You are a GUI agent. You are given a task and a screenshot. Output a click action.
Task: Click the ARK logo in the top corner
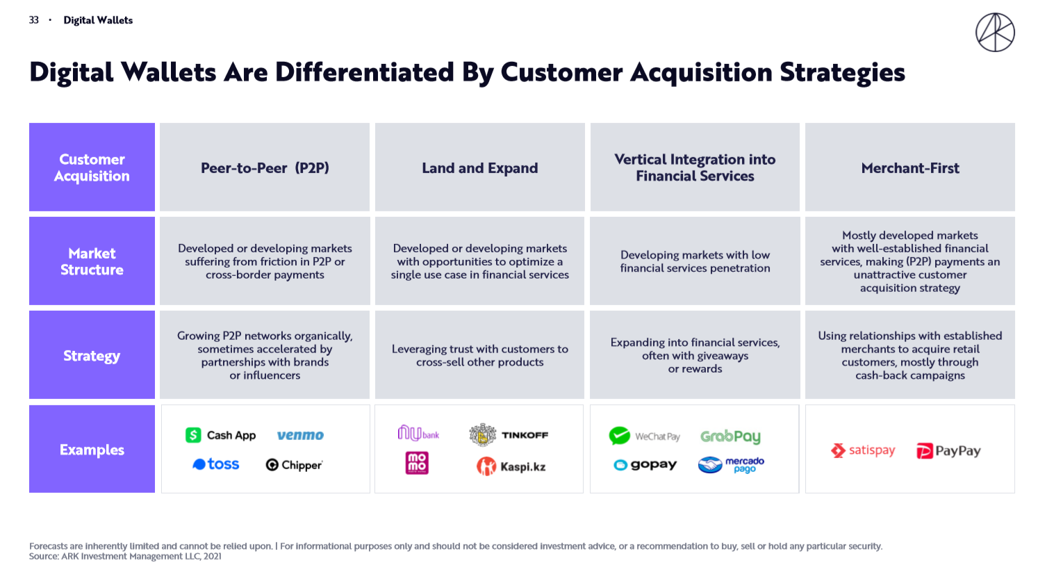click(x=995, y=32)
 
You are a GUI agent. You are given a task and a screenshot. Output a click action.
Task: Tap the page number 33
click(x=33, y=20)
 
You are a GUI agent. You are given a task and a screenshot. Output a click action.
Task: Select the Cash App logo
click(x=221, y=435)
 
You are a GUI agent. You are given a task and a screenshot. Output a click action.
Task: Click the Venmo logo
click(x=300, y=435)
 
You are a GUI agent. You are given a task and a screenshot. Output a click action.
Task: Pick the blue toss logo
click(x=216, y=464)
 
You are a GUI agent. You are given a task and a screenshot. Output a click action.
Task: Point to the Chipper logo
click(x=294, y=465)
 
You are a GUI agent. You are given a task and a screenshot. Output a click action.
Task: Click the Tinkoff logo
click(x=509, y=435)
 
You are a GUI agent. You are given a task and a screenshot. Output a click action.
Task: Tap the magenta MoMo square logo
click(x=417, y=463)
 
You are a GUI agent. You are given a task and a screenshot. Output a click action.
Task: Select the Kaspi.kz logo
click(x=511, y=466)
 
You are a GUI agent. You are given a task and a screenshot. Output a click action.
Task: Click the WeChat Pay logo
click(x=644, y=436)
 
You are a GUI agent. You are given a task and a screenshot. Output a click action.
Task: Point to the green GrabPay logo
click(x=731, y=437)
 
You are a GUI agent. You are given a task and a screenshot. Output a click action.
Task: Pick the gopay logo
click(x=645, y=465)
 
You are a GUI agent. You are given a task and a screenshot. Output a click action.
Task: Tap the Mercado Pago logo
click(x=732, y=465)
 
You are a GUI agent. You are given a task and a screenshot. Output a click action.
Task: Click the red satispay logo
click(x=863, y=450)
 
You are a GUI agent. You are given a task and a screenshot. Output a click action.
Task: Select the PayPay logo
click(x=948, y=451)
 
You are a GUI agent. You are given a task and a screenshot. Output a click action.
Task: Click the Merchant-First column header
click(x=910, y=167)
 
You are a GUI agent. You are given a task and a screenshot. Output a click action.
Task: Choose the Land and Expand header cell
click(x=479, y=167)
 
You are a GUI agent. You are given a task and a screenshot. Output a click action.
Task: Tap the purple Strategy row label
click(x=92, y=355)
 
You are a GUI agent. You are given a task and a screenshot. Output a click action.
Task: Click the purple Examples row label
click(x=92, y=449)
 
